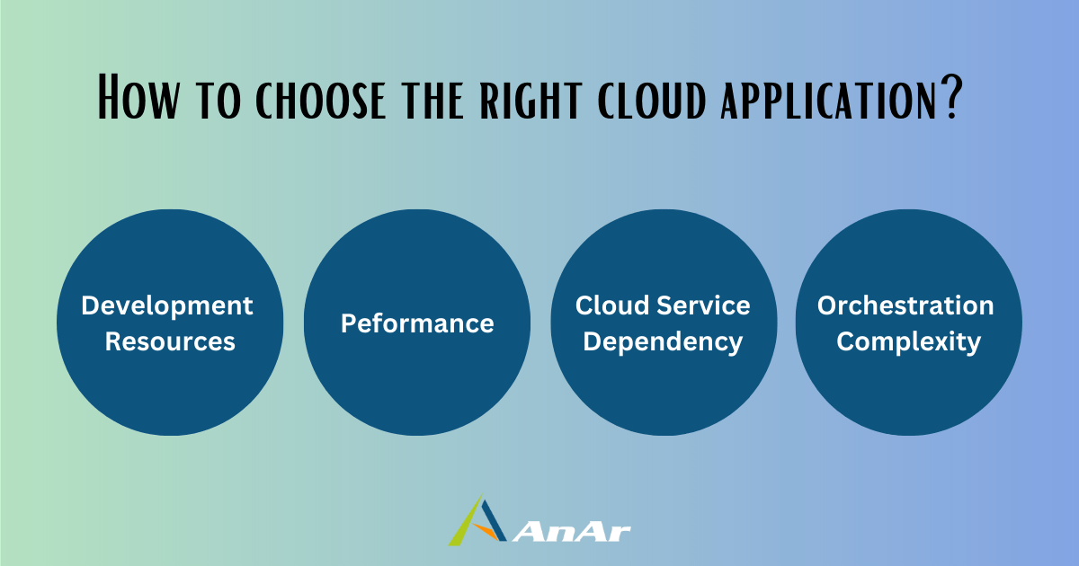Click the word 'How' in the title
tap(138, 96)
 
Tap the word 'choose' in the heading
tap(320, 100)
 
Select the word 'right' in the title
tap(531, 100)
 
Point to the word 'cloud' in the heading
tap(652, 100)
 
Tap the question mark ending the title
tap(951, 96)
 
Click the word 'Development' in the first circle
tap(167, 306)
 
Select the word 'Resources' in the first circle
tap(170, 341)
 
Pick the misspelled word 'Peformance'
tap(417, 323)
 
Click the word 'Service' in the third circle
tap(703, 305)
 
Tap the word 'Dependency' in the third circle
tap(663, 342)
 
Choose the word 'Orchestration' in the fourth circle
tap(905, 305)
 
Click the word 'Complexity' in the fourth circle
tap(908, 342)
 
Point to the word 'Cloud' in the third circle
tap(612, 305)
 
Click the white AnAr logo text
tap(571, 532)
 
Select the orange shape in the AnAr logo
tap(486, 531)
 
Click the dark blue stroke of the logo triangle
tap(495, 520)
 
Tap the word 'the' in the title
tap(433, 100)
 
